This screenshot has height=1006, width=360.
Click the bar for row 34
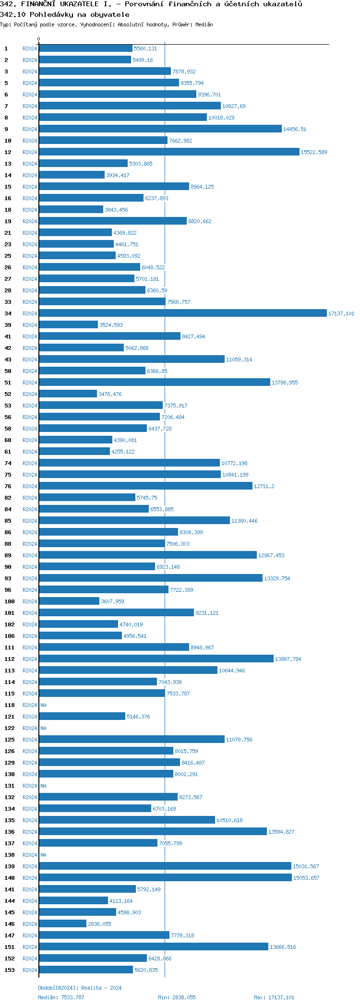pos(182,313)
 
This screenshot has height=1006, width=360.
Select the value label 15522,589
pos(314,152)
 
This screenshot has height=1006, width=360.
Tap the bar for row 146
pos(62,924)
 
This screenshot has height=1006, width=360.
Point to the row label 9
pos(6,129)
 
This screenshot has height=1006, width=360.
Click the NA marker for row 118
pos(43,705)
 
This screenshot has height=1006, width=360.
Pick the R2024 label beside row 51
pos(30,383)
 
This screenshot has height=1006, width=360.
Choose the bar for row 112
pos(156,659)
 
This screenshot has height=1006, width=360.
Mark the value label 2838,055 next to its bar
pos(99,924)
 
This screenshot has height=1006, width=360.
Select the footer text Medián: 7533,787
pos(61,997)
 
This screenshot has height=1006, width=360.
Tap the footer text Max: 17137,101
pos(274,997)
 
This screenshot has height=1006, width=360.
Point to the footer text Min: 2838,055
pos(177,997)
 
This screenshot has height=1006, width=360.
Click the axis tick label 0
pos(39,39)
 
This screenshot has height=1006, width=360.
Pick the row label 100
pos(10,601)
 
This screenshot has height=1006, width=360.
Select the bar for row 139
pos(165,866)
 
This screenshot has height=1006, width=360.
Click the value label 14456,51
pos(295,129)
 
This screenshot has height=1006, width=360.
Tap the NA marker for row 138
pos(43,855)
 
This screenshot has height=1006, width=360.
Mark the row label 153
pos(10,970)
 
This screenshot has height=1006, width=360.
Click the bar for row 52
pos(68,394)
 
